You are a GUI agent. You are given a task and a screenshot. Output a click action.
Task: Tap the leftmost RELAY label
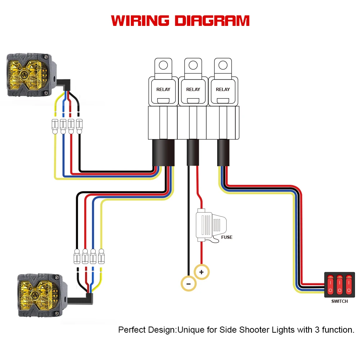163,89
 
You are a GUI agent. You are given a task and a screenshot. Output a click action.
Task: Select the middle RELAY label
193,89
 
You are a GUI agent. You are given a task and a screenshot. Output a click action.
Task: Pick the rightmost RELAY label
223,89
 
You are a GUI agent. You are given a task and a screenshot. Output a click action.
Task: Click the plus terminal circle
201,272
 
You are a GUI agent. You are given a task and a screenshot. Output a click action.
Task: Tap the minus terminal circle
188,283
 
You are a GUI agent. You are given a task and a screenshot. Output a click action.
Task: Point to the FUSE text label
227,237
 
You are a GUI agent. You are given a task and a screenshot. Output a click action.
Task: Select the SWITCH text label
340,301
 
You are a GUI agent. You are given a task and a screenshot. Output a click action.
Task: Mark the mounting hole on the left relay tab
163,65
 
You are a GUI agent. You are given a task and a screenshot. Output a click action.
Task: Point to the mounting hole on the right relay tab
223,65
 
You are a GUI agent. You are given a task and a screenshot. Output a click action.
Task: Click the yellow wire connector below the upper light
55,126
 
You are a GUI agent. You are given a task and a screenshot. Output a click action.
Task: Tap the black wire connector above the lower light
77,258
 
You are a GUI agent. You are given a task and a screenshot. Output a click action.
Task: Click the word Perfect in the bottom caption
132,329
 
